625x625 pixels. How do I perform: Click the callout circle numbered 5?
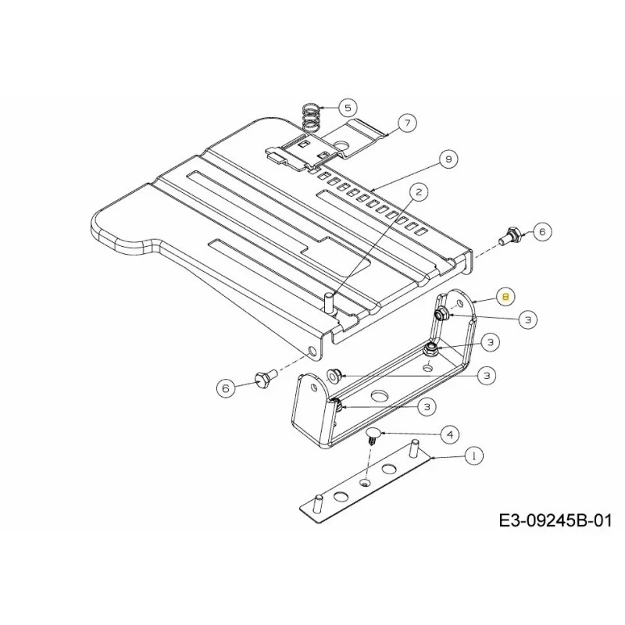(x=348, y=108)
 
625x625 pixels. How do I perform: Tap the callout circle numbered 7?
(x=407, y=123)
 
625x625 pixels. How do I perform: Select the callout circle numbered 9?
(x=448, y=159)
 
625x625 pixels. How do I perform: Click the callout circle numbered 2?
(x=418, y=192)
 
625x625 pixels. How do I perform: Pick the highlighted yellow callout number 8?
(x=505, y=297)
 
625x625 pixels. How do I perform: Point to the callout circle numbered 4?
(x=450, y=434)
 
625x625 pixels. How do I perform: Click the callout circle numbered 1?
(x=473, y=455)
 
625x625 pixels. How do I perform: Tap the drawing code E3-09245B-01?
(x=555, y=520)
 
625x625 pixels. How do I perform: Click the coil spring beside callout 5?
(x=311, y=120)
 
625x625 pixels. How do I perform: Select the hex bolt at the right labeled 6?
(x=510, y=235)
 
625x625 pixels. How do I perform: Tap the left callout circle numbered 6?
(x=226, y=387)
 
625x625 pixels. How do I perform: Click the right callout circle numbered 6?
(x=542, y=231)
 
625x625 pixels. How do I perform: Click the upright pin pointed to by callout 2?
(x=330, y=303)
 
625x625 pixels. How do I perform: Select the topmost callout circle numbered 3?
(x=528, y=320)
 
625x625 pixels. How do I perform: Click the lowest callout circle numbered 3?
(x=427, y=406)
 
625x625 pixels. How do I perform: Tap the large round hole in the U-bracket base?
(x=380, y=396)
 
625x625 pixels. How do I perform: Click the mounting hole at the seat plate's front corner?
(x=312, y=352)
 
